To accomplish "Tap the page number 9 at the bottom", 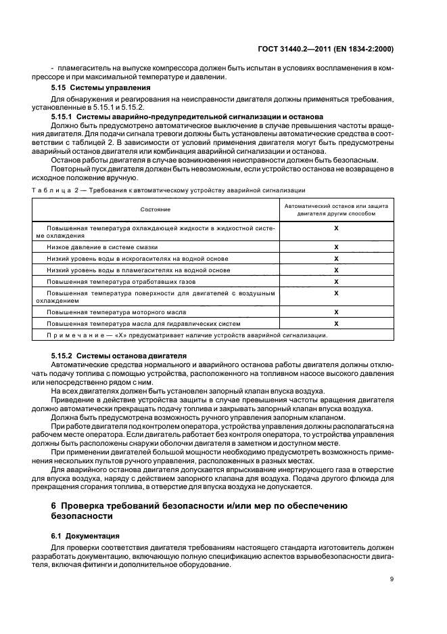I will point(392,578).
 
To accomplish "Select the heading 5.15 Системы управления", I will point(93,88).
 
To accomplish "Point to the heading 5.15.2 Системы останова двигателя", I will point(120,356).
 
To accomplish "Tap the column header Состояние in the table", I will point(156,210).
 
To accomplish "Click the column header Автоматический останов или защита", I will point(335,209).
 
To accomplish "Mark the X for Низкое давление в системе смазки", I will point(336,248).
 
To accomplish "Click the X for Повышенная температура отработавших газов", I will point(336,280).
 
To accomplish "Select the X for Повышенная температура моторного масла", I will point(336,312).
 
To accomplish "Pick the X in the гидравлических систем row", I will point(336,323).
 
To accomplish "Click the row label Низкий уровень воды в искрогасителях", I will point(137,259).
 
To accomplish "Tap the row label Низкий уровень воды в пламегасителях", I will point(138,270).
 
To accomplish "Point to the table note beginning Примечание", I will point(187,335).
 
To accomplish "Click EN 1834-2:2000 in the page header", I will point(369,49).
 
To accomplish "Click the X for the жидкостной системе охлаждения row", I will point(336,229).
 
